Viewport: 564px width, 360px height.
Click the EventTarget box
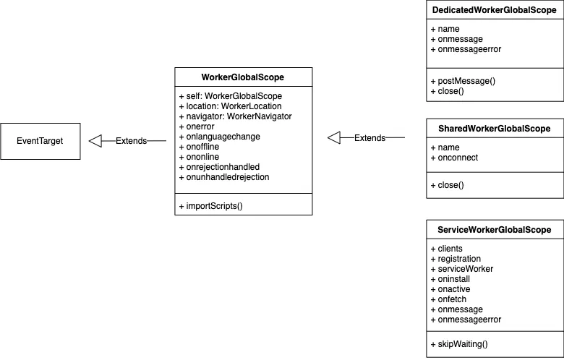[x=40, y=141]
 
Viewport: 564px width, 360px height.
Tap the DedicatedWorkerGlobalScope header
[x=495, y=11]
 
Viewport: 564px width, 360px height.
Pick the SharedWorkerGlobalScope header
[x=495, y=129]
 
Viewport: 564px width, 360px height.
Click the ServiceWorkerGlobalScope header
[x=495, y=230]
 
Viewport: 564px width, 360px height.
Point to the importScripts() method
[x=210, y=205]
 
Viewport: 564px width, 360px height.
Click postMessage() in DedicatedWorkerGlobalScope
[x=462, y=81]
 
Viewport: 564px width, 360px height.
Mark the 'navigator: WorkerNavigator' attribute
[x=235, y=116]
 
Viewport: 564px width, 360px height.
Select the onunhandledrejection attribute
[x=223, y=176]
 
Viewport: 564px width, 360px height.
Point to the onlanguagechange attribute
[x=219, y=136]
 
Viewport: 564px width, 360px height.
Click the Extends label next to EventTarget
[x=131, y=141]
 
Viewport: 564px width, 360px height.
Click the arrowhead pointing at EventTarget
[x=95, y=141]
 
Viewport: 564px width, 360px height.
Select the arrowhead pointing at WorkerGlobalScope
[x=334, y=137]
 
